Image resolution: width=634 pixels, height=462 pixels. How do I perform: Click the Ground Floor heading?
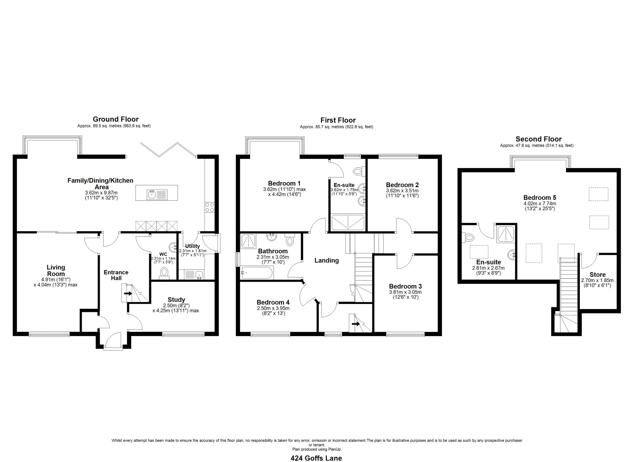pos(116,119)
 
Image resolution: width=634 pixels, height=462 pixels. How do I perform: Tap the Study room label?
pos(176,299)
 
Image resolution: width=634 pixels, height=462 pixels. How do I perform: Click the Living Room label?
pos(56,270)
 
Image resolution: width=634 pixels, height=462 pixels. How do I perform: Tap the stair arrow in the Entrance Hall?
pos(128,294)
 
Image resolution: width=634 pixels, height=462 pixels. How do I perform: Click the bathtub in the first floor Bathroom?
pos(257,273)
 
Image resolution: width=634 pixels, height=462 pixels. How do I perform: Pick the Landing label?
pos(326,260)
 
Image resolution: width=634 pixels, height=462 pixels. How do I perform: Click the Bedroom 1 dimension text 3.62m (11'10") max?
pos(284,189)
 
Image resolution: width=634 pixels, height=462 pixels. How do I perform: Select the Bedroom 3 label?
pos(405,286)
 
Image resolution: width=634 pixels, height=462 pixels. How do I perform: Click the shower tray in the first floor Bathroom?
pos(248,242)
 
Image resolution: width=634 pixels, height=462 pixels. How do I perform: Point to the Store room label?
pos(598,275)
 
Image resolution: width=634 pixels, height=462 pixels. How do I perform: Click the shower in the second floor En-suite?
pos(506,234)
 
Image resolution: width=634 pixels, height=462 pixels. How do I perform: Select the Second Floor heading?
pos(538,139)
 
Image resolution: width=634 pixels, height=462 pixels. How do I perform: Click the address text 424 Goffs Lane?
pos(316,458)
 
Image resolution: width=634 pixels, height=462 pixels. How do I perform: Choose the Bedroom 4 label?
pos(273,302)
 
